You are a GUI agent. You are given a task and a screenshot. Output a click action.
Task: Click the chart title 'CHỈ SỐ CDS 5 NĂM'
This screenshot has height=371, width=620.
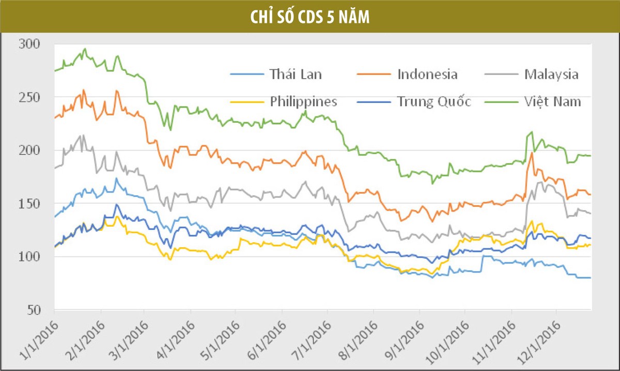click(x=309, y=17)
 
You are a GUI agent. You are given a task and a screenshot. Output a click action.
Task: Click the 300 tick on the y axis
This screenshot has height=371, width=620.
click(x=28, y=44)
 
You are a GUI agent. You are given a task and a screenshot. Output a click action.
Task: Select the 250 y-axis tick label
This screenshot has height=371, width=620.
click(x=28, y=98)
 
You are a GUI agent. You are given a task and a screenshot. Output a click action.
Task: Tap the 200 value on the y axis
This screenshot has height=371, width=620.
click(x=28, y=151)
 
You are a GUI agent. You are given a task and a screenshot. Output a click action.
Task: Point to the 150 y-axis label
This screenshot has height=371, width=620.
click(x=28, y=204)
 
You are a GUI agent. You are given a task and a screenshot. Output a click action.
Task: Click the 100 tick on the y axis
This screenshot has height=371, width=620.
click(x=28, y=257)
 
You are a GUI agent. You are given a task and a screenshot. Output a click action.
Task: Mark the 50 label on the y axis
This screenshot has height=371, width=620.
click(x=32, y=310)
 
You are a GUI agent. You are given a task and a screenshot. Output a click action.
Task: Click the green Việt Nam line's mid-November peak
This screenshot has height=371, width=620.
click(x=532, y=132)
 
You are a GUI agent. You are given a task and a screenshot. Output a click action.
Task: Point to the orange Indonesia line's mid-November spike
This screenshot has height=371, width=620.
click(x=532, y=153)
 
